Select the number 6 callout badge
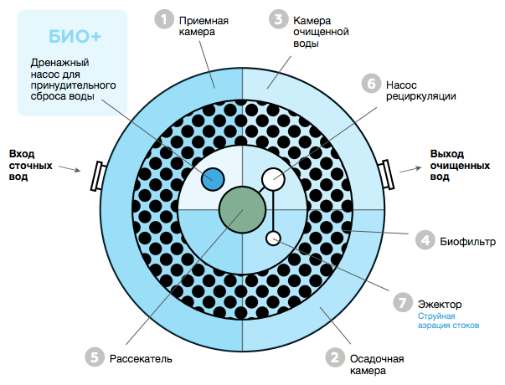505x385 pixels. click(x=369, y=84)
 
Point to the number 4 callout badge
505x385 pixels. click(x=425, y=241)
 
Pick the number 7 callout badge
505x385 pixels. click(x=403, y=301)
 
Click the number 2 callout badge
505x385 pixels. click(x=334, y=358)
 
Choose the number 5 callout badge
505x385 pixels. click(x=95, y=357)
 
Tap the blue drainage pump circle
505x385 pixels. click(x=214, y=179)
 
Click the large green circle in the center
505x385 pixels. click(x=242, y=209)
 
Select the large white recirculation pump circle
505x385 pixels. click(x=273, y=179)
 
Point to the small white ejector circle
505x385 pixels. click(x=273, y=239)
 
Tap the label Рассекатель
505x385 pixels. click(x=141, y=358)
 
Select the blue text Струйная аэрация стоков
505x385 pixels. click(x=449, y=321)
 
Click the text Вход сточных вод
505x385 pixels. click(x=31, y=166)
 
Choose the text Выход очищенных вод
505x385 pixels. click(x=460, y=166)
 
